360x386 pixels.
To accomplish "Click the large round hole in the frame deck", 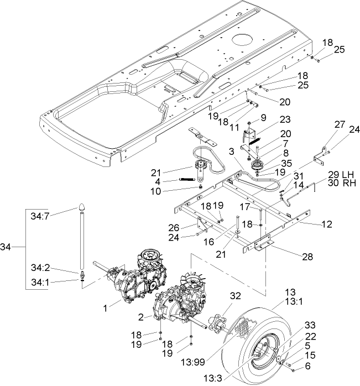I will tap(243, 40).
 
